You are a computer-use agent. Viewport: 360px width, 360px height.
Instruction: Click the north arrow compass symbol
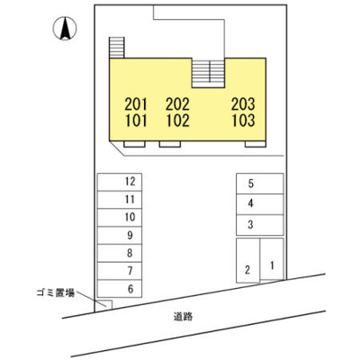click(x=65, y=29)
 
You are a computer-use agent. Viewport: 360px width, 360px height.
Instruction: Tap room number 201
click(x=136, y=104)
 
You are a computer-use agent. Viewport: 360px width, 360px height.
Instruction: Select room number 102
click(x=178, y=121)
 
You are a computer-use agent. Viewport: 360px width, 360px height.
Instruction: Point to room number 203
click(x=243, y=104)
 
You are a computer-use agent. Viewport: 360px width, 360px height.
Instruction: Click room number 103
click(x=243, y=121)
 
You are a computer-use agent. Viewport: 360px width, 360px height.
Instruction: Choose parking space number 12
click(x=120, y=182)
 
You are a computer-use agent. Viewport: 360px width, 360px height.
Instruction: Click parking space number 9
click(x=120, y=236)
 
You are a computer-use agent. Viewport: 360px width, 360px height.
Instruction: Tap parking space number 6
click(x=120, y=289)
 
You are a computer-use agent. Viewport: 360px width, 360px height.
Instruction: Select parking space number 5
click(x=260, y=184)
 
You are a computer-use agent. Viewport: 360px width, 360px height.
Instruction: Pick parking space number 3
click(x=260, y=225)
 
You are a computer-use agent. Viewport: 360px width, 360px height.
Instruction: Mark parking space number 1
click(x=272, y=259)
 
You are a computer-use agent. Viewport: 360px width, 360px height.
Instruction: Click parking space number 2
click(x=248, y=260)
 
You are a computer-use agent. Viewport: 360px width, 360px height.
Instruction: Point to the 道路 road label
click(x=183, y=317)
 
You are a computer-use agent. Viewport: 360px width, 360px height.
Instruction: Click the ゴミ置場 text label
click(x=56, y=293)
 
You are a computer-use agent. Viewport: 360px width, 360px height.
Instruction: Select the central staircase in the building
click(x=208, y=73)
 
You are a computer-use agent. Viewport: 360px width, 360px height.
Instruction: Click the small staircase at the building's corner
click(x=117, y=48)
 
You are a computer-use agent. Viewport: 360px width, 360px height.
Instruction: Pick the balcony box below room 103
click(x=256, y=144)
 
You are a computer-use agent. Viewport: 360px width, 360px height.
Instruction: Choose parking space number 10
click(x=120, y=218)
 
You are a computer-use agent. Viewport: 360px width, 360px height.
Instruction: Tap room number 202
click(x=178, y=104)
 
